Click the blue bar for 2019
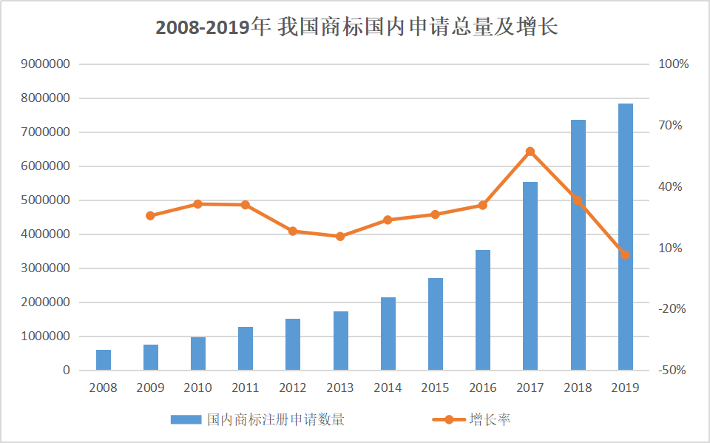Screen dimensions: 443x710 pos(625,237)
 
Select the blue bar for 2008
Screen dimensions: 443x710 pos(103,360)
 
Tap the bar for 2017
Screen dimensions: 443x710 pos(530,276)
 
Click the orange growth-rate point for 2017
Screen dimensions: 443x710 pos(530,152)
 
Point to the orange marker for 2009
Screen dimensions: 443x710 pos(150,216)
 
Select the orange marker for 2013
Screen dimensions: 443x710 pos(340,237)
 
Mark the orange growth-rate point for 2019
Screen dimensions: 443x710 pos(625,254)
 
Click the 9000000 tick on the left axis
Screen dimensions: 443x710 pos(46,64)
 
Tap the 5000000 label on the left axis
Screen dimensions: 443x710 pos(46,200)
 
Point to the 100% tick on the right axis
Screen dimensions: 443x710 pos(673,64)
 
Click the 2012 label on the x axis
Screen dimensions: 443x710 pos(293,388)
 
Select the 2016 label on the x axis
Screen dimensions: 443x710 pos(483,388)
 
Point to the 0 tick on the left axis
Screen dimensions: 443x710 pos(66,371)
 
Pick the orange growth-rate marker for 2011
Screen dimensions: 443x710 pos(246,205)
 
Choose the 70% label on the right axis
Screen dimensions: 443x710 pos(671,126)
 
